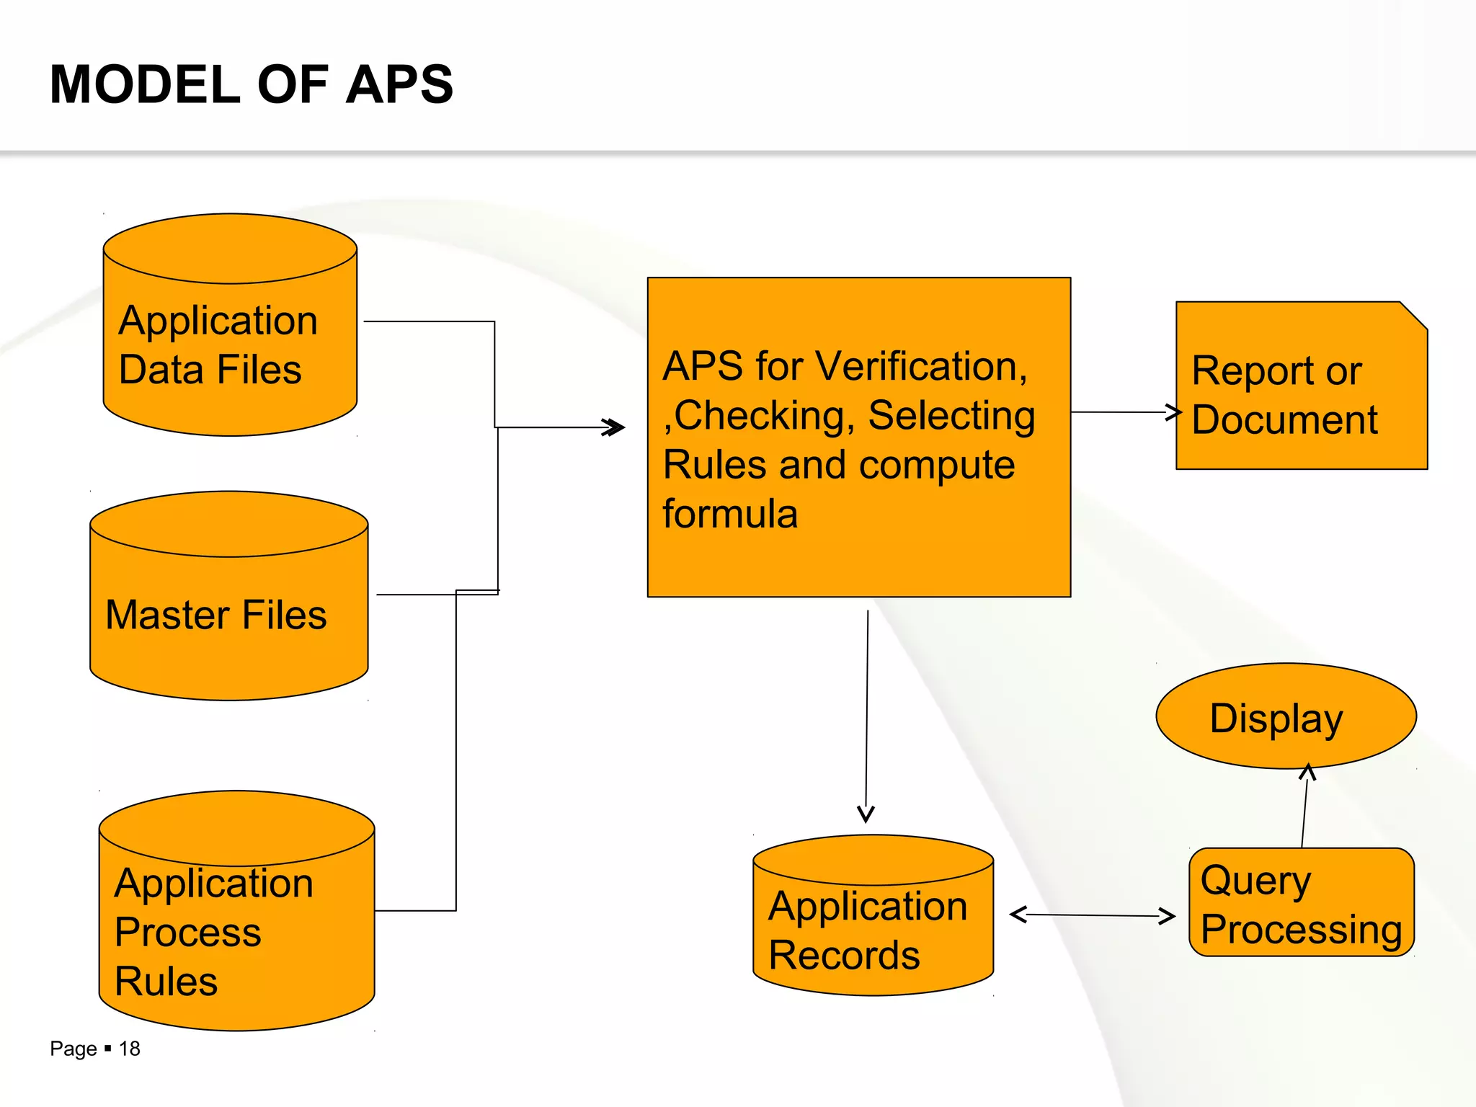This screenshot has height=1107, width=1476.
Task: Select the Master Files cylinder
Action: click(x=229, y=613)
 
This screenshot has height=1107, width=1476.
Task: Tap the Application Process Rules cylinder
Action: click(x=236, y=930)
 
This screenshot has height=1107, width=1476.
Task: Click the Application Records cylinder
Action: click(x=873, y=930)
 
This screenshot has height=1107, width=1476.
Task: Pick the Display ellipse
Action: click(x=1285, y=717)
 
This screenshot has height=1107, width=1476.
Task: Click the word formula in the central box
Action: click(x=729, y=514)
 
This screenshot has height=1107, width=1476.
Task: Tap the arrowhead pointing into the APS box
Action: click(x=614, y=427)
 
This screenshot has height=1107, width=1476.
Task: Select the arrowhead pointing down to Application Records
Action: click(x=866, y=814)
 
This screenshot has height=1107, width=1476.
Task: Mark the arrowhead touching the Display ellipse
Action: click(x=1307, y=773)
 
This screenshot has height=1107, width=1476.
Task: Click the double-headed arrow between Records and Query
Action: click(x=1092, y=915)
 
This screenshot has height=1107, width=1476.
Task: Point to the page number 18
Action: click(x=130, y=1049)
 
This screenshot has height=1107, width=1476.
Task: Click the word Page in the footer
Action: click(x=73, y=1049)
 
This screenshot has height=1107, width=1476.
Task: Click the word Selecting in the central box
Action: click(x=951, y=416)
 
